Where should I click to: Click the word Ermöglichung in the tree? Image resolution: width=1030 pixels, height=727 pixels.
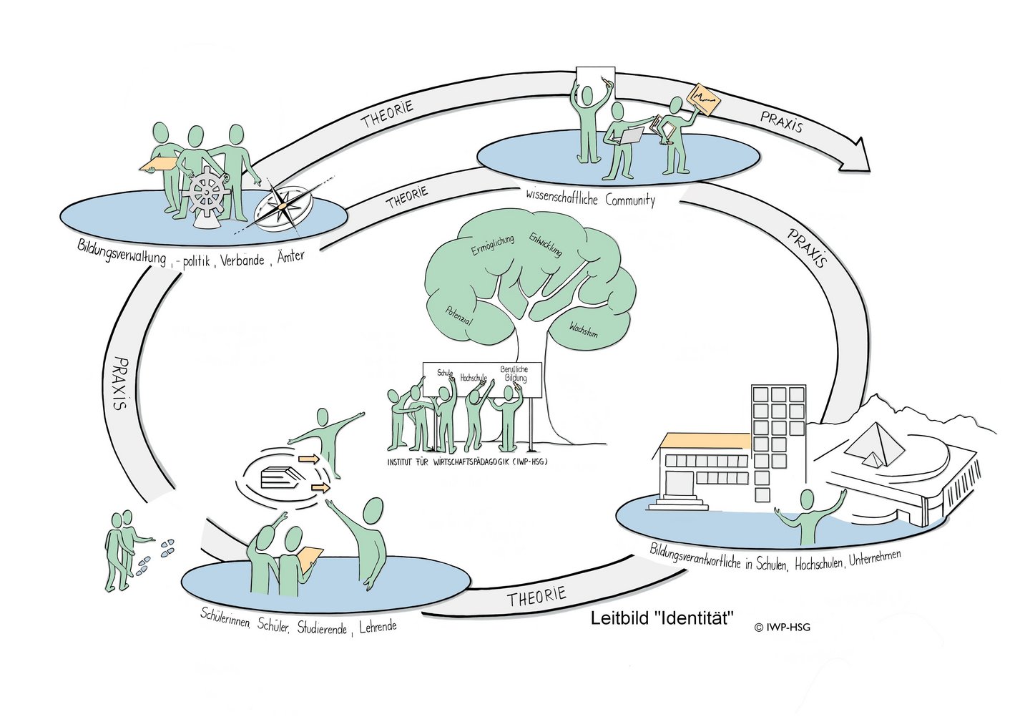click(x=492, y=245)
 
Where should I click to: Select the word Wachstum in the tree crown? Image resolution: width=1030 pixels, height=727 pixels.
click(x=583, y=330)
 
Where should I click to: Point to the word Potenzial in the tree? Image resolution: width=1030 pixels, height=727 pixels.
click(x=458, y=317)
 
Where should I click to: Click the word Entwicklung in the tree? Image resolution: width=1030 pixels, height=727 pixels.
click(x=546, y=244)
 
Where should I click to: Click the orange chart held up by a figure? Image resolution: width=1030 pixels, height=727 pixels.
click(x=703, y=99)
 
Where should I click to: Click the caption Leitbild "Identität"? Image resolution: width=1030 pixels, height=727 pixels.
click(x=662, y=619)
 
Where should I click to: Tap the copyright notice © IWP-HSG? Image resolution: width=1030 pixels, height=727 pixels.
click(x=782, y=628)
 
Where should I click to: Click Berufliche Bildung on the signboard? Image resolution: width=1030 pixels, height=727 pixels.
click(x=514, y=374)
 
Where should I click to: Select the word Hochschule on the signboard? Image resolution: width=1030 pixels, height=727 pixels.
click(x=474, y=377)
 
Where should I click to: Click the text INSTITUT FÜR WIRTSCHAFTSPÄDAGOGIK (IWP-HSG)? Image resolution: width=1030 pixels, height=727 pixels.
click(x=466, y=462)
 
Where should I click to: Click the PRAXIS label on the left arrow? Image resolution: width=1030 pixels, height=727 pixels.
click(x=119, y=383)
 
